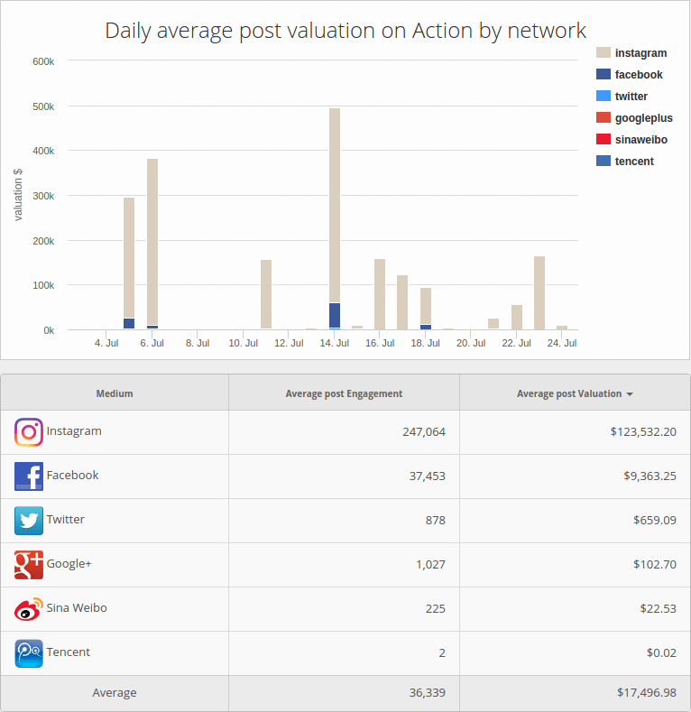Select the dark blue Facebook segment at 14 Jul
335,315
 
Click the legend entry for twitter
631,97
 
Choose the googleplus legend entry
643,118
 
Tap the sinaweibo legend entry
640,140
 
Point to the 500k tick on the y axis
43,106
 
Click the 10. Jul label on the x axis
242,344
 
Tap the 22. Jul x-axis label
516,344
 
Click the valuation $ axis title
18,194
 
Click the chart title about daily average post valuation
345,31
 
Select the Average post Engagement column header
344,393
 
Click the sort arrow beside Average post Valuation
630,394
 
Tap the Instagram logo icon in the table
29,432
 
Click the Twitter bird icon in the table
29,521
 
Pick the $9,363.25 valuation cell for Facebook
642,476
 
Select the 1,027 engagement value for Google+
430,564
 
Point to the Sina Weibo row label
77,608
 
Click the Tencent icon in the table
29,653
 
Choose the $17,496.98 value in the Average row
642,693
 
